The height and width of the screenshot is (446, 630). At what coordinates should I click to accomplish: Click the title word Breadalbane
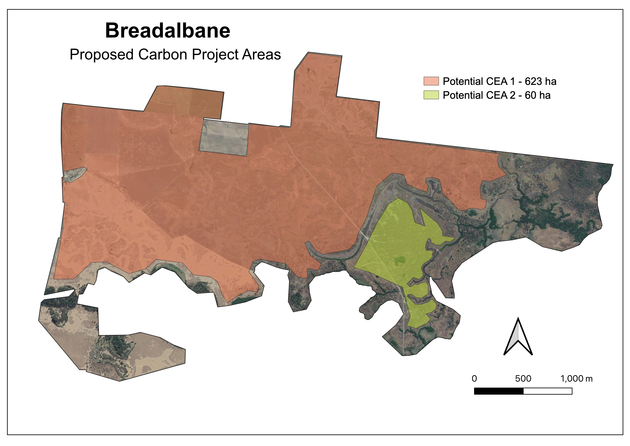(168, 31)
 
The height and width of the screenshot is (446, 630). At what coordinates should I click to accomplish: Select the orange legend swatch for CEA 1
(431, 81)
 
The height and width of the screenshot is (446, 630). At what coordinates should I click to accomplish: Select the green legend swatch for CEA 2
(431, 95)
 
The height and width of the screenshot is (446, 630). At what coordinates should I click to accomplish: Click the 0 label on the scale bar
(474, 379)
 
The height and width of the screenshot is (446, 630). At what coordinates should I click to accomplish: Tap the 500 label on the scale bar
(523, 379)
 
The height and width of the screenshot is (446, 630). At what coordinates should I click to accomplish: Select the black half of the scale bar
(499, 391)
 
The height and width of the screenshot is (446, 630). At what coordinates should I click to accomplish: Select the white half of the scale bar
(548, 391)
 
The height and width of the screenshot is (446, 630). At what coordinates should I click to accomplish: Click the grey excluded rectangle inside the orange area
(224, 138)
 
